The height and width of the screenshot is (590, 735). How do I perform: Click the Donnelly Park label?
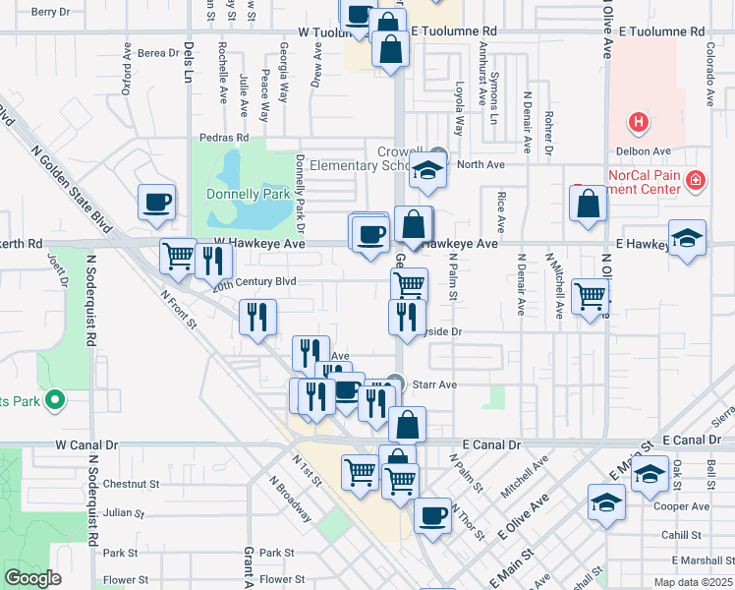pyautogui.click(x=248, y=194)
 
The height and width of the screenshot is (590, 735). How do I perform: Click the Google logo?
pyautogui.click(x=32, y=578)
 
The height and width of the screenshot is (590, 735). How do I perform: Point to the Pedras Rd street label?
pyautogui.click(x=224, y=138)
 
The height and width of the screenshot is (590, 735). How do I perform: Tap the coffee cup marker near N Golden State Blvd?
pyautogui.click(x=157, y=204)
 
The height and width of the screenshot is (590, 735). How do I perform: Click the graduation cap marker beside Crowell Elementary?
pyautogui.click(x=427, y=171)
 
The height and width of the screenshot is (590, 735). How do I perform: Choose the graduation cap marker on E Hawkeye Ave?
pyautogui.click(x=687, y=239)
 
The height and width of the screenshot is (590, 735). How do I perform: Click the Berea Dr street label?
pyautogui.click(x=158, y=53)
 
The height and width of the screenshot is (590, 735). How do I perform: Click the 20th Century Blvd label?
pyautogui.click(x=254, y=281)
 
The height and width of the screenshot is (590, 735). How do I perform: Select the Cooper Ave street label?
pyautogui.click(x=687, y=506)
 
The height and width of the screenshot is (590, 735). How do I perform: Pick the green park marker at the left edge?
pyautogui.click(x=56, y=399)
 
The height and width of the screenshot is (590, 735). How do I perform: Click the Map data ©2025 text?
pyautogui.click(x=692, y=582)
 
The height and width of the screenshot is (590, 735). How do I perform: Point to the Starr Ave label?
pyautogui.click(x=433, y=384)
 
